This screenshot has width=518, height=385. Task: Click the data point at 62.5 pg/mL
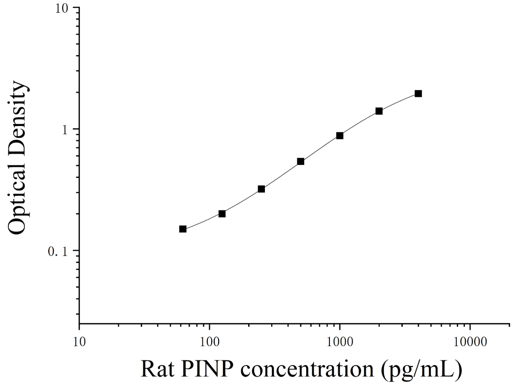pyautogui.click(x=183, y=229)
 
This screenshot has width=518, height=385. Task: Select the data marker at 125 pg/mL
pyautogui.click(x=222, y=214)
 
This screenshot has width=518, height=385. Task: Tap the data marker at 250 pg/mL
pyautogui.click(x=261, y=189)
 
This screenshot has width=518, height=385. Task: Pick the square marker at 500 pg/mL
pyautogui.click(x=301, y=161)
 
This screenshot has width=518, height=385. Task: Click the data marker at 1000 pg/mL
pyautogui.click(x=340, y=135)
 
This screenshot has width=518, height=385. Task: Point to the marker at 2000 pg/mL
pyautogui.click(x=379, y=111)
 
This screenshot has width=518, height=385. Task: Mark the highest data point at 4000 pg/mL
pyautogui.click(x=418, y=94)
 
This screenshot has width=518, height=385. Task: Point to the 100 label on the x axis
pyautogui.click(x=209, y=342)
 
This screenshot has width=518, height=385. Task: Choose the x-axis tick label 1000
pyautogui.click(x=340, y=342)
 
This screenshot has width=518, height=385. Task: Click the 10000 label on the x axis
pyautogui.click(x=470, y=342)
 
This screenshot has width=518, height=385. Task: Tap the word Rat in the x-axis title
pyautogui.click(x=158, y=368)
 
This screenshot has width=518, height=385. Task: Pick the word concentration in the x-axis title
pyautogui.click(x=307, y=369)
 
